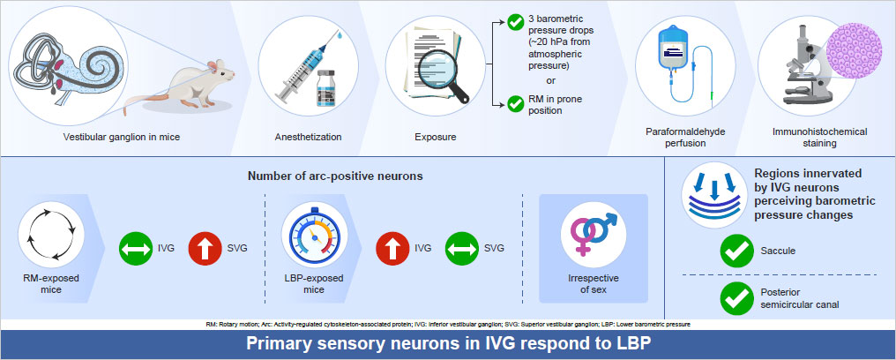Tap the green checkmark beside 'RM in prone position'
point(515,104)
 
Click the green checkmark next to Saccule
point(736,251)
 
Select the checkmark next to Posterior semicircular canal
point(736,299)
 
